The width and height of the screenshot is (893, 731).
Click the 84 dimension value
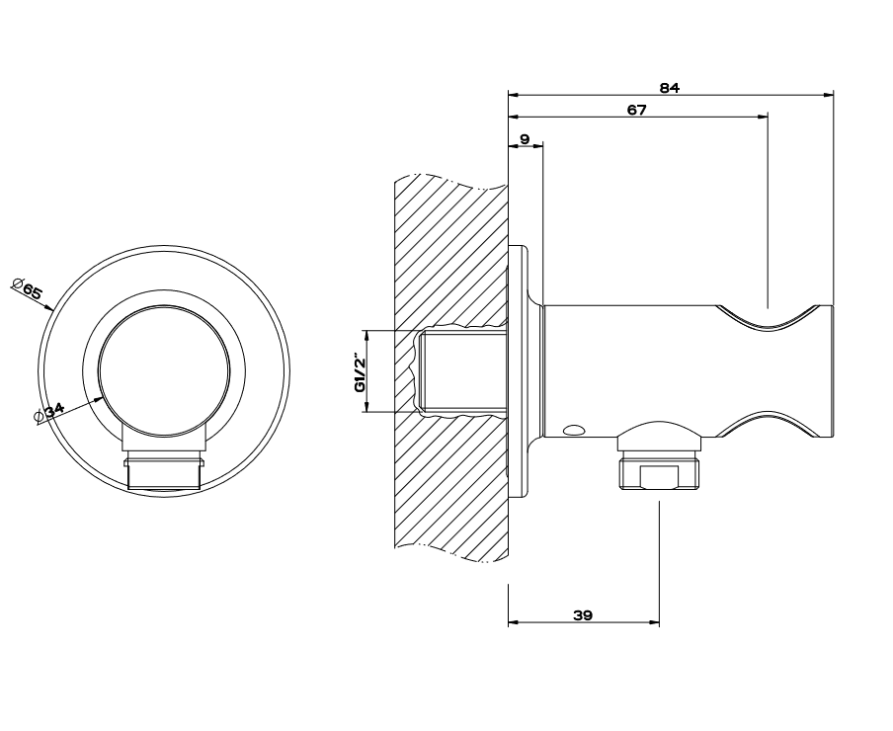point(669,88)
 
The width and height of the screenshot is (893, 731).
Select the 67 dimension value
point(637,110)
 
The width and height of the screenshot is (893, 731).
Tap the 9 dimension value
point(526,139)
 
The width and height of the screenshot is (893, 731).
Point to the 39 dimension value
point(583,614)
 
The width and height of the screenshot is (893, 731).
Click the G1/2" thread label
point(360,371)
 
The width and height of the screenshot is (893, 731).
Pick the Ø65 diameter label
point(27,287)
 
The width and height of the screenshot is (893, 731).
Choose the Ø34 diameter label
point(49,412)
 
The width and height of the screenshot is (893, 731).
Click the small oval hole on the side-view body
point(574,430)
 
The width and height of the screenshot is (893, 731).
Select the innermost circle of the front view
point(164,372)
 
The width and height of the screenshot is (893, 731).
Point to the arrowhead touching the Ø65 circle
point(48,307)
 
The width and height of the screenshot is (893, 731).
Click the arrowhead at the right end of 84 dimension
point(829,95)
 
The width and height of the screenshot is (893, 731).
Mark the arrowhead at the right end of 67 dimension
point(763,117)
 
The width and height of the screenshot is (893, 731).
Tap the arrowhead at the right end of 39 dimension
point(654,622)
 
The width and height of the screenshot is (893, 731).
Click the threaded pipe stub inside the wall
point(462,371)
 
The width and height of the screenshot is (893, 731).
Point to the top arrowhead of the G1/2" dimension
point(366,336)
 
